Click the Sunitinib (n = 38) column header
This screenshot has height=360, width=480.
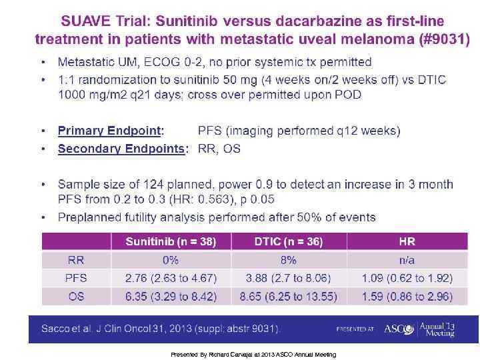click(171, 242)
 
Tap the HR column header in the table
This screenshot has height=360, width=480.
click(407, 242)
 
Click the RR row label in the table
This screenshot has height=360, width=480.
click(77, 260)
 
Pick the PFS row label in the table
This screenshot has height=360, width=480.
click(77, 278)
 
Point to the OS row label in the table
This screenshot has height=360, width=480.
click(77, 296)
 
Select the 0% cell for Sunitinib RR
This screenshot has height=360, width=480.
click(171, 260)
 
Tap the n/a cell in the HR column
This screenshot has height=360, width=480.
click(407, 260)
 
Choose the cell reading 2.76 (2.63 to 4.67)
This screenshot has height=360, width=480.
click(171, 278)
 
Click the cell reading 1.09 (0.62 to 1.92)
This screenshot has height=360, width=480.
click(407, 278)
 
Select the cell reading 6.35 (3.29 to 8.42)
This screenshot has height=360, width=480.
click(171, 296)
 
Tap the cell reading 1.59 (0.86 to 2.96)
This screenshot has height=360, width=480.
click(407, 296)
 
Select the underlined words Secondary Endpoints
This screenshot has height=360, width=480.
click(121, 149)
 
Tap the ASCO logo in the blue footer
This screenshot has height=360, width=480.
click(399, 329)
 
